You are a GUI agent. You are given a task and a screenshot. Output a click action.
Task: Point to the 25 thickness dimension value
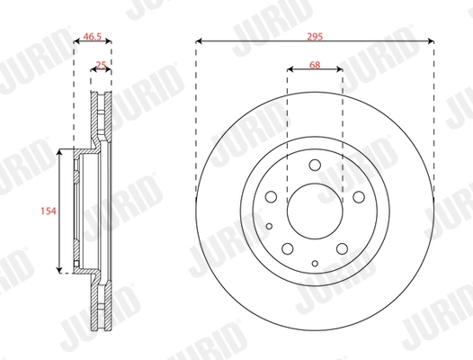(102, 64)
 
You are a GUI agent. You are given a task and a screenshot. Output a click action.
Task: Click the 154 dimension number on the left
(49, 211)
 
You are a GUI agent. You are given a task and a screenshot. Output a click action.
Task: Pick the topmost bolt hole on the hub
(314, 165)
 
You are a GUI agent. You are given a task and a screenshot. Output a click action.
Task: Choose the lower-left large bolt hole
(288, 248)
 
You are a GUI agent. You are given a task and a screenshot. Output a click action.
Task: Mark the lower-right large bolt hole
(340, 248)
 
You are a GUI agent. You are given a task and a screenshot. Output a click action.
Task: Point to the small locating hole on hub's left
(270, 225)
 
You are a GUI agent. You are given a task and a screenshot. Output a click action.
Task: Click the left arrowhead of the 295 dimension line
(198, 40)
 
